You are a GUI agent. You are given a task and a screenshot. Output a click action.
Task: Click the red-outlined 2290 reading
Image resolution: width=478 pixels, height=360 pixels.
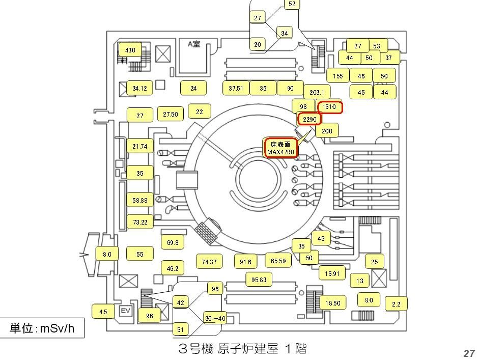pyautogui.click(x=310, y=119)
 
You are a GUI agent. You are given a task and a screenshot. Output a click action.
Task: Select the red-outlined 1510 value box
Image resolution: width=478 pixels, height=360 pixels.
pyautogui.click(x=329, y=107)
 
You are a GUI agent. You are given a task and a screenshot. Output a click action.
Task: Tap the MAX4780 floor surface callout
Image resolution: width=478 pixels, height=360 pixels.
pyautogui.click(x=280, y=148)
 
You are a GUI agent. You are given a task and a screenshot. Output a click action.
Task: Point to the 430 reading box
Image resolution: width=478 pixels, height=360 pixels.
pyautogui.click(x=130, y=50)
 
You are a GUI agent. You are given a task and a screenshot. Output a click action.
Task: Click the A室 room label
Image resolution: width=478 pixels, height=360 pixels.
pyautogui.click(x=194, y=44)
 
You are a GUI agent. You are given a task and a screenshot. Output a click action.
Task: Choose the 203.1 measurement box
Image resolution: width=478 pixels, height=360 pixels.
pyautogui.click(x=317, y=92)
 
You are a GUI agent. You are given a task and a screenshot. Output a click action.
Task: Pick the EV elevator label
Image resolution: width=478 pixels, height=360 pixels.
pyautogui.click(x=125, y=311)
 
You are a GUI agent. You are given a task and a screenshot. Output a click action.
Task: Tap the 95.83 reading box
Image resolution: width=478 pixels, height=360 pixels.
pyautogui.click(x=259, y=280)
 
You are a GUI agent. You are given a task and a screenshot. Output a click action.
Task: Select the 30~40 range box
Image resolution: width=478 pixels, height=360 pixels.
pyautogui.click(x=215, y=318)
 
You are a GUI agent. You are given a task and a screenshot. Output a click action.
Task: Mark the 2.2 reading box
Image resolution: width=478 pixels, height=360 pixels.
pyautogui.click(x=396, y=304)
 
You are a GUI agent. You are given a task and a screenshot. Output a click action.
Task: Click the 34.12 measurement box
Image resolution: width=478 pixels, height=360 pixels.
pyautogui.click(x=139, y=88)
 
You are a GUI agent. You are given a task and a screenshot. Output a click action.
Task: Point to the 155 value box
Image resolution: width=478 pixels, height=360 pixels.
pyautogui.click(x=338, y=76)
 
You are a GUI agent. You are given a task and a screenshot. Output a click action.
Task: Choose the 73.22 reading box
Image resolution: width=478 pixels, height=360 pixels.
pyautogui.click(x=140, y=222)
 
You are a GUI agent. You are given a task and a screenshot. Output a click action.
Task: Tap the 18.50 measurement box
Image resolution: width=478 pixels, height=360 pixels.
pyautogui.click(x=332, y=303)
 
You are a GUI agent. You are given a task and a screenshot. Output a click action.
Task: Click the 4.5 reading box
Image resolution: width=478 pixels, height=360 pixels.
pyautogui.click(x=103, y=312)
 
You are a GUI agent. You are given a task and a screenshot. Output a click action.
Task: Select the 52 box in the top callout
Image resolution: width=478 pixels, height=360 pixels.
pyautogui.click(x=292, y=4)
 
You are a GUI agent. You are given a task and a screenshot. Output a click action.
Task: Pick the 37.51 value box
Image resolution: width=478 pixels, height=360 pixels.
pyautogui.click(x=236, y=88)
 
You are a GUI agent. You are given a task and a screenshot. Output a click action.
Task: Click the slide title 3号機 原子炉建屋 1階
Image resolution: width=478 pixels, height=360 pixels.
pyautogui.click(x=242, y=349)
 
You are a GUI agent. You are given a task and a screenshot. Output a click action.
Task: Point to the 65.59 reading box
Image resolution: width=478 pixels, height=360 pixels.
pyautogui.click(x=278, y=261)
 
